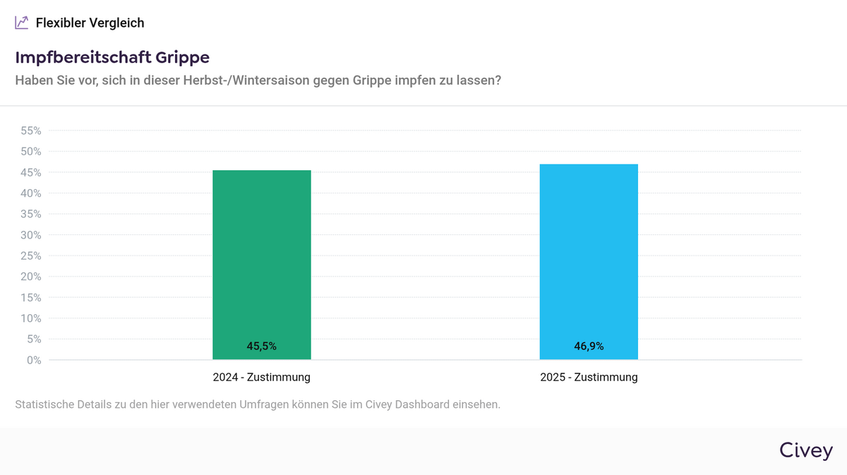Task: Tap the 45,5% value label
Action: pos(261,347)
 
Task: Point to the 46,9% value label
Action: pos(589,347)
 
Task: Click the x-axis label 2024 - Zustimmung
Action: pos(261,378)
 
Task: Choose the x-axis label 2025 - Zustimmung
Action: pos(589,378)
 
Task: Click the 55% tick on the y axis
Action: pos(31,131)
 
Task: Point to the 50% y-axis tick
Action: pos(31,152)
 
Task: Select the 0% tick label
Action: pos(34,360)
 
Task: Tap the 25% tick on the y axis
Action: pos(31,256)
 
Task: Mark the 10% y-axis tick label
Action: pos(31,318)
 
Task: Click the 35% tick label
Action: pos(31,215)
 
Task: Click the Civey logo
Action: pos(805,451)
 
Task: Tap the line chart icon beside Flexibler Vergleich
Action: pos(22,23)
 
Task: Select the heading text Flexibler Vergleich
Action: pos(90,23)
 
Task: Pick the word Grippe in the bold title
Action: pos(182,57)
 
